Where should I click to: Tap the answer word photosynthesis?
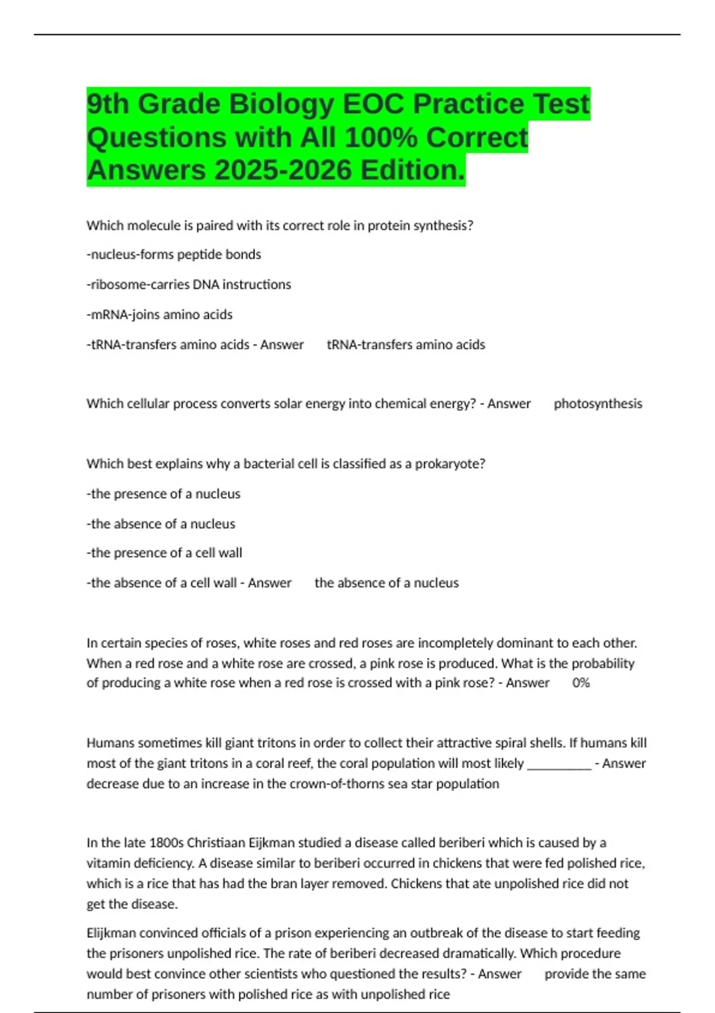(598, 404)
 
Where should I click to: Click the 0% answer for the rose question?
(581, 683)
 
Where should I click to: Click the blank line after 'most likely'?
(559, 764)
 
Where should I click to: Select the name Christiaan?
(215, 843)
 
